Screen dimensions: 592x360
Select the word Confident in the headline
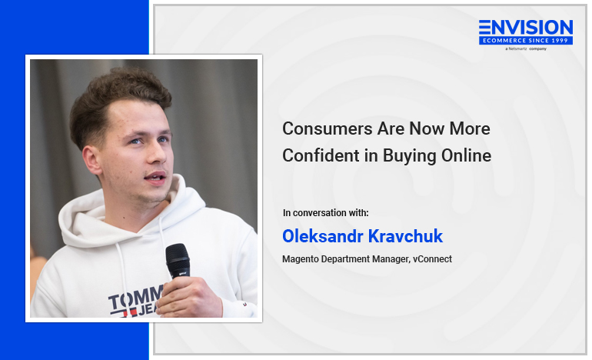coord(321,155)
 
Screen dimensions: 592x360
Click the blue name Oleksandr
coord(323,236)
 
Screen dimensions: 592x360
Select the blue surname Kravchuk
coord(405,236)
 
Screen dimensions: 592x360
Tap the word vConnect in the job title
coord(432,259)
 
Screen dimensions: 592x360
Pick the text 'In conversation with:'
coord(325,213)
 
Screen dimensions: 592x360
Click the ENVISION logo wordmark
coord(526,28)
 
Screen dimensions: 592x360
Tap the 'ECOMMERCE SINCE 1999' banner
coord(526,41)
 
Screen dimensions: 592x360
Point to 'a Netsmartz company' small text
coord(526,48)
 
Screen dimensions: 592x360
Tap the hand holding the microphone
coord(189,296)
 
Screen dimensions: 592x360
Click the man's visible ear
coord(91,161)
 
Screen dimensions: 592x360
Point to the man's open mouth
coord(155,177)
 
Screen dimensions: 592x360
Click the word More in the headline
coord(470,128)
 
